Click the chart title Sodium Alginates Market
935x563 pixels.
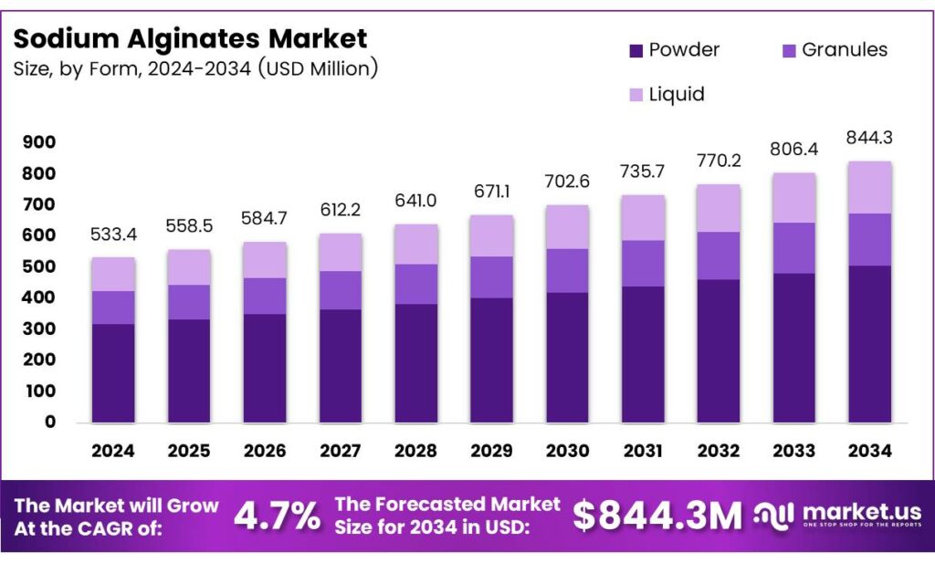(x=190, y=38)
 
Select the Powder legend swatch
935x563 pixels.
(x=636, y=51)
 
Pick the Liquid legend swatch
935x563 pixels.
(x=636, y=95)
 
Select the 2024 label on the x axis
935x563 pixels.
(x=113, y=451)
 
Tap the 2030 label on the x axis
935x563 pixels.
(x=568, y=451)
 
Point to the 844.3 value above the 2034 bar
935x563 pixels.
(x=869, y=138)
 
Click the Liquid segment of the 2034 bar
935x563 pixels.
(x=869, y=188)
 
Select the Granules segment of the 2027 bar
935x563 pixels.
(x=341, y=290)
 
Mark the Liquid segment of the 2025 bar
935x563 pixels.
(x=189, y=267)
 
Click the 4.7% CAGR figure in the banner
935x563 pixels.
(x=278, y=516)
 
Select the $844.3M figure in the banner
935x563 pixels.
(x=657, y=516)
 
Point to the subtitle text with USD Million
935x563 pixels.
(x=195, y=68)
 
